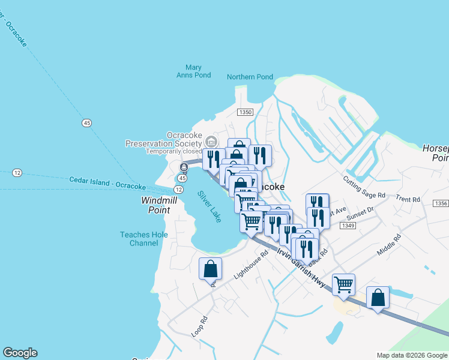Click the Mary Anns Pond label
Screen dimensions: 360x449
point(193,71)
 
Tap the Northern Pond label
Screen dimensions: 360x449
point(250,77)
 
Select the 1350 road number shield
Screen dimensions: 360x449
point(245,112)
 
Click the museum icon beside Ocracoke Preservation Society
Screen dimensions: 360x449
point(211,142)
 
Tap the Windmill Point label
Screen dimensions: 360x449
point(155,205)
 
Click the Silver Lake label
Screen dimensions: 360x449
point(209,206)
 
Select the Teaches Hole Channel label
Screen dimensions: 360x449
point(139,239)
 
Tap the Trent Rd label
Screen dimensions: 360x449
point(408,199)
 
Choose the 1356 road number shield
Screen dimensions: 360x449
point(441,204)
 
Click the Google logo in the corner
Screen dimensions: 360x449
point(20,353)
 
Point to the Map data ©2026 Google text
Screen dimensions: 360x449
point(412,355)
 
